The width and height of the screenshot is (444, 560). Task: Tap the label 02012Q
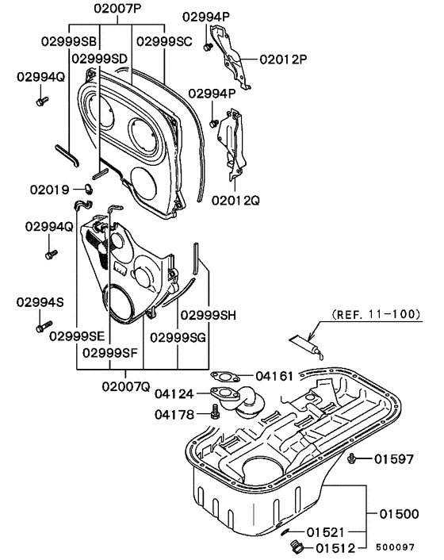click(x=235, y=201)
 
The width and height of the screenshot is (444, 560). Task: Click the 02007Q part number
click(x=125, y=385)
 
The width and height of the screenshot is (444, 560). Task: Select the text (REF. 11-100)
click(x=375, y=314)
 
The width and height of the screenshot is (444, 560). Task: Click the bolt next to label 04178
click(x=215, y=411)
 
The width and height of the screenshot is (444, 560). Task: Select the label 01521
click(x=327, y=531)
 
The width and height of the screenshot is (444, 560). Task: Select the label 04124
click(x=175, y=393)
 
